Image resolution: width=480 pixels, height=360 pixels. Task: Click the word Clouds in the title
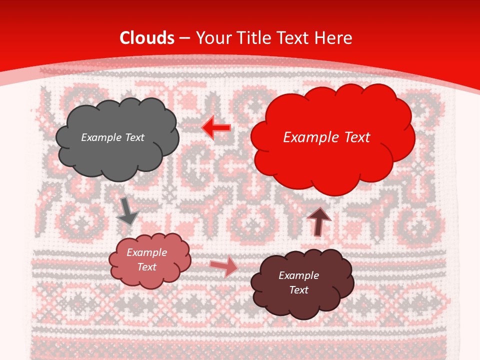tap(147, 38)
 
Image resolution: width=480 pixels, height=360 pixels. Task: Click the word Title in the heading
tap(255, 38)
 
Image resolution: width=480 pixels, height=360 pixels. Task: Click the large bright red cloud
tap(332, 160)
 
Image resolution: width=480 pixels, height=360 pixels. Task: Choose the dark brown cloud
tap(302, 300)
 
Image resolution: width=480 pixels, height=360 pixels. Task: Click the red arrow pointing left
tap(216, 127)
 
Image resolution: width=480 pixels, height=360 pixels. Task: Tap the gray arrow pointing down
tap(127, 211)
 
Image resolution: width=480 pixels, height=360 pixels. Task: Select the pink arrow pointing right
tap(224, 266)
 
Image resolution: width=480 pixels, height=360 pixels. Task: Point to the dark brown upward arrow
tap(318, 221)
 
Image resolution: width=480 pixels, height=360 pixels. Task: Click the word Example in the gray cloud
tap(99, 137)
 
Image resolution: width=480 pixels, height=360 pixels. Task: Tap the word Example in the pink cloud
tap(146, 252)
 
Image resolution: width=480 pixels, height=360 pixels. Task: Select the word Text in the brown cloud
tap(298, 290)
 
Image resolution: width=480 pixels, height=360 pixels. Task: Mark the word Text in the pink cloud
tap(146, 267)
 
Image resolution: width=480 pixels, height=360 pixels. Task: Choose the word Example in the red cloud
tap(308, 137)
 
